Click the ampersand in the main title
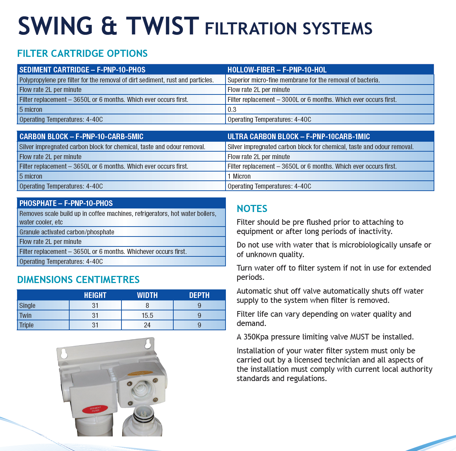pyautogui.click(x=109, y=26)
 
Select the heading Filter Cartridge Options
pyautogui.click(x=82, y=54)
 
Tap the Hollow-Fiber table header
pyautogui.click(x=277, y=70)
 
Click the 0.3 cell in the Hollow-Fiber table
pyautogui.click(x=232, y=110)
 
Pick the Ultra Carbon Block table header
pyautogui.click(x=299, y=136)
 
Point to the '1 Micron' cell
pyautogui.click(x=239, y=176)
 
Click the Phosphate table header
pyautogui.click(x=66, y=203)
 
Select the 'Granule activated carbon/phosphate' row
pyautogui.click(x=67, y=232)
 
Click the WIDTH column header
pyautogui.click(x=147, y=295)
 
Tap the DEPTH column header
pyautogui.click(x=199, y=295)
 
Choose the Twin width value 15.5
pyautogui.click(x=147, y=315)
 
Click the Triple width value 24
pyautogui.click(x=147, y=325)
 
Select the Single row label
pyautogui.click(x=27, y=306)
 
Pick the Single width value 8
pyautogui.click(x=147, y=306)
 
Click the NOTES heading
pyautogui.click(x=252, y=209)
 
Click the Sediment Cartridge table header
pyautogui.click(x=82, y=70)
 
